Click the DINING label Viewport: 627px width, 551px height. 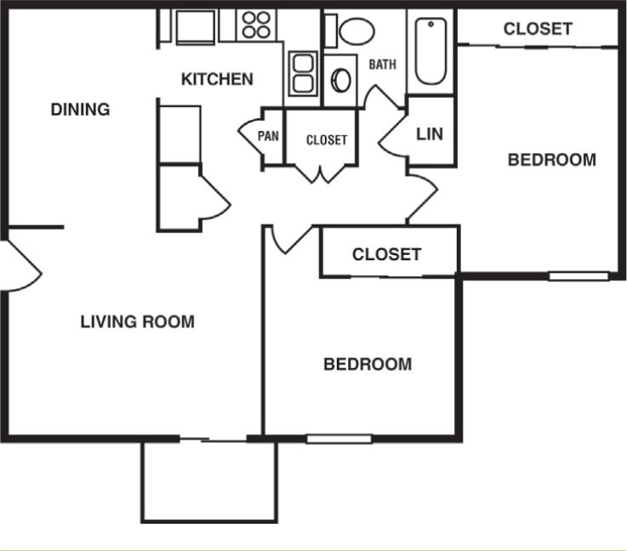click(x=80, y=110)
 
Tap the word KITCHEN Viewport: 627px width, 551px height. click(x=217, y=79)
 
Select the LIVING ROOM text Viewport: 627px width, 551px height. click(x=137, y=322)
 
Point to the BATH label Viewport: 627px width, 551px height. click(x=382, y=65)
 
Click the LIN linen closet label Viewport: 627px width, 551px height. click(x=430, y=134)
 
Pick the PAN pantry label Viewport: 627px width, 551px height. click(x=269, y=135)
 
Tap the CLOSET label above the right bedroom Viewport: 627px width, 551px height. click(x=538, y=29)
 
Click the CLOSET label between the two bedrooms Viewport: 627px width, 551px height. click(x=386, y=254)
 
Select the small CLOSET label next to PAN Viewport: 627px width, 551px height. click(x=327, y=140)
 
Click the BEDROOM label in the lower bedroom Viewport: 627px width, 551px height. click(x=368, y=365)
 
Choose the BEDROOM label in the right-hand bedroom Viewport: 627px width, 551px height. click(x=551, y=160)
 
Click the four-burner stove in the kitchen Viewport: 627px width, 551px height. click(x=255, y=25)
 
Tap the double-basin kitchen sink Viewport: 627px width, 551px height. click(x=302, y=73)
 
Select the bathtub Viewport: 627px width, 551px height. click(x=430, y=51)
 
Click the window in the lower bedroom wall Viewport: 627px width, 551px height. click(x=339, y=439)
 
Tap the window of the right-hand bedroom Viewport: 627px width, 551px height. click(x=578, y=275)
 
